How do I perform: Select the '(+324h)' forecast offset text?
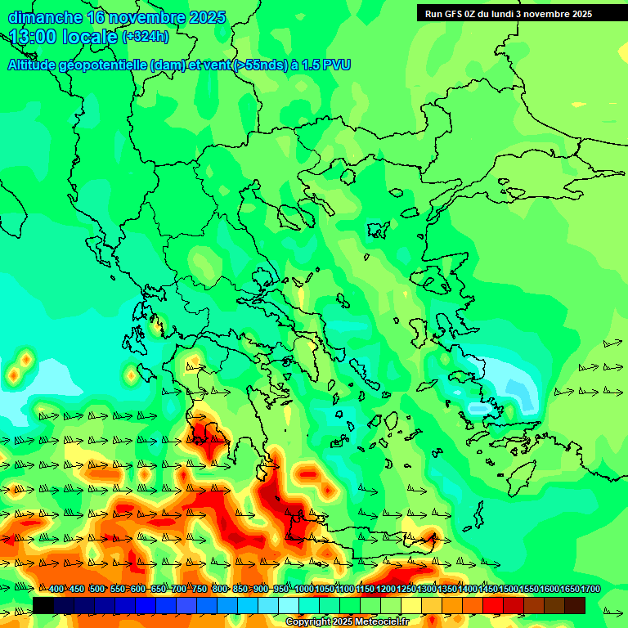pyautogui.click(x=146, y=37)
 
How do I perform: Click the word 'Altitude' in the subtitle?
pyautogui.click(x=32, y=65)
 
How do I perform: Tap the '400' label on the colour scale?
pyautogui.click(x=56, y=590)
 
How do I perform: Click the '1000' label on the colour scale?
pyautogui.click(x=303, y=590)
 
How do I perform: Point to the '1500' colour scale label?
pyautogui.click(x=509, y=590)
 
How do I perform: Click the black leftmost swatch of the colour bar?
pyautogui.click(x=43, y=605)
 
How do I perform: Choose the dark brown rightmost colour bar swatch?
pyautogui.click(x=575, y=605)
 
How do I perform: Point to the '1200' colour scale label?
pyautogui.click(x=385, y=590)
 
